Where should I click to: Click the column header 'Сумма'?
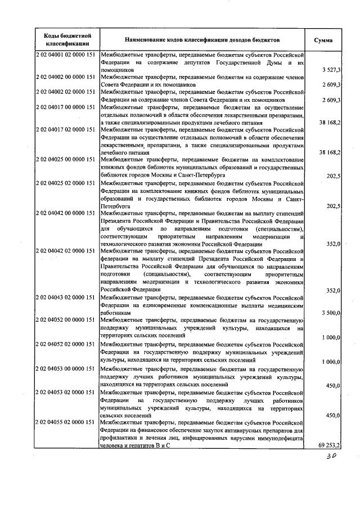click(x=324, y=40)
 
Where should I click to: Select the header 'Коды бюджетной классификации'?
click(x=67, y=40)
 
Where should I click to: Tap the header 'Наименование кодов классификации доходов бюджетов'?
click(x=202, y=40)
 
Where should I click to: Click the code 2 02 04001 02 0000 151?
click(x=66, y=55)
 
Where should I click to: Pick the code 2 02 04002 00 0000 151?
click(x=66, y=76)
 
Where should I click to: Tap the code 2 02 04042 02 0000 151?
click(x=66, y=251)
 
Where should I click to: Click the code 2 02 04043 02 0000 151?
click(x=66, y=297)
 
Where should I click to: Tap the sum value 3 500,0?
click(x=330, y=313)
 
